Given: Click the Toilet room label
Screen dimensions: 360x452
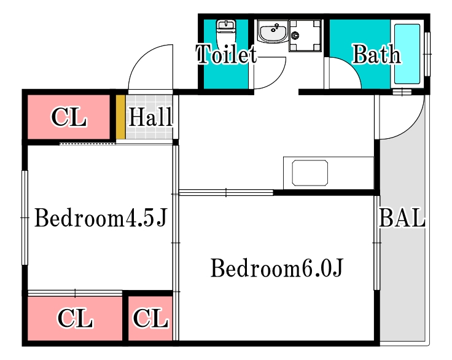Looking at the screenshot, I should (225, 55).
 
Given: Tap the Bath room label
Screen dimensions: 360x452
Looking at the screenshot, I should (376, 55).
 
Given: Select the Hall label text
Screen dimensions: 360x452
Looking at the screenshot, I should (150, 117).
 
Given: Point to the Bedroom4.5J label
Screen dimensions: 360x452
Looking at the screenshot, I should (101, 218).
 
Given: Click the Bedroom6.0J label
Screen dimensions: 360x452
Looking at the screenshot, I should (276, 268).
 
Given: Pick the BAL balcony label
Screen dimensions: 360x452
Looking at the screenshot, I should (402, 218).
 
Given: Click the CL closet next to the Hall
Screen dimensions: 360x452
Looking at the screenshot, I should (68, 117).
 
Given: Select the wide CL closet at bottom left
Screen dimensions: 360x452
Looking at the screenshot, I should (75, 318).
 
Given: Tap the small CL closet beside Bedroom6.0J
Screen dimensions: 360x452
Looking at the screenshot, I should (150, 318).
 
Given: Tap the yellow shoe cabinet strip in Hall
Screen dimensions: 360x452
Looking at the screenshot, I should (120, 117).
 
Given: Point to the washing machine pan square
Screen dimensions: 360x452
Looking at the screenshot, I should (305, 36).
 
